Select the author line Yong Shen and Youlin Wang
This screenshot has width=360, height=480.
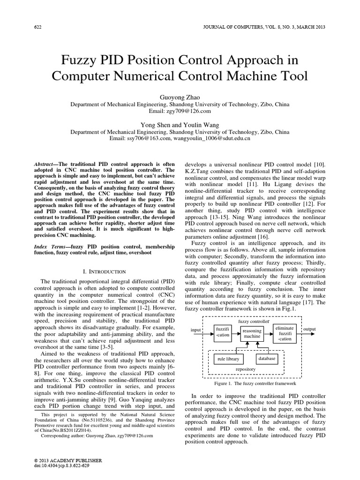180,124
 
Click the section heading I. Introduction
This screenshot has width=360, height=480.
104,271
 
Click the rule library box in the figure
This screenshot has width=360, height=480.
228,359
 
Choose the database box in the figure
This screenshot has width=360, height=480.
267,359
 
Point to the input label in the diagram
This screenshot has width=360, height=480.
195,330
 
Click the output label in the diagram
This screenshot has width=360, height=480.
310,330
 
